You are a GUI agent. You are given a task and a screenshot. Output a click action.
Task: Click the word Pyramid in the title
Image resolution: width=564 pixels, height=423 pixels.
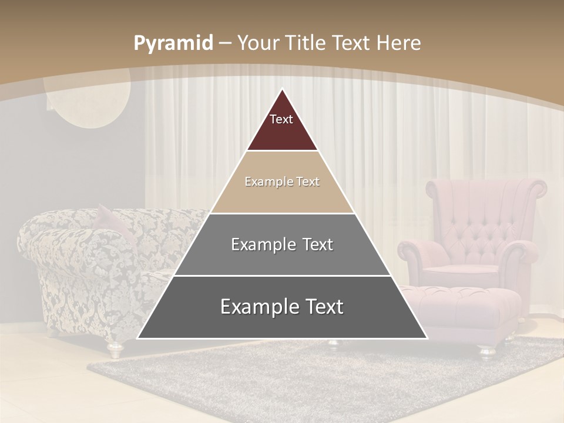click(x=173, y=43)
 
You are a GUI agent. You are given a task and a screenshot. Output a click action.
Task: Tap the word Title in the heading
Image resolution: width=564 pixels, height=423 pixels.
click(x=305, y=43)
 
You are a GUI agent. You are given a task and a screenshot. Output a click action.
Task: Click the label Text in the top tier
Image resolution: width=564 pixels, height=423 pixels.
click(x=281, y=119)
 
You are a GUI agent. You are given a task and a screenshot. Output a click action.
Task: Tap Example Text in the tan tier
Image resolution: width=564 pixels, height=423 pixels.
click(x=282, y=182)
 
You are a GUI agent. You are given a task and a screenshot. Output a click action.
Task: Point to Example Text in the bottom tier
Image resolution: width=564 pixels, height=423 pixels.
click(x=282, y=307)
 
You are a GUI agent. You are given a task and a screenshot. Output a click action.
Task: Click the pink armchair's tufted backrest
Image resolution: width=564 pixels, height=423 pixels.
click(x=482, y=211)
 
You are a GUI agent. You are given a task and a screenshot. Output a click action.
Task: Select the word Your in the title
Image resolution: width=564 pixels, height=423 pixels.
click(x=259, y=43)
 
